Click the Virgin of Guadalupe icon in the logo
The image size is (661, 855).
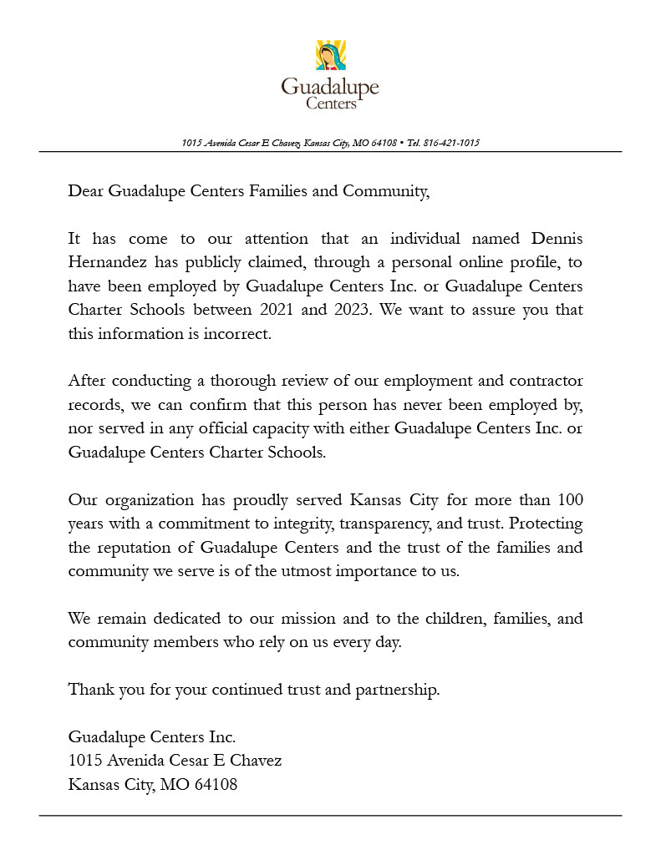330,56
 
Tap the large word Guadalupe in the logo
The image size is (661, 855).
330,87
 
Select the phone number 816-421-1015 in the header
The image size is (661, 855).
451,143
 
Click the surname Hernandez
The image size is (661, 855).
107,262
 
